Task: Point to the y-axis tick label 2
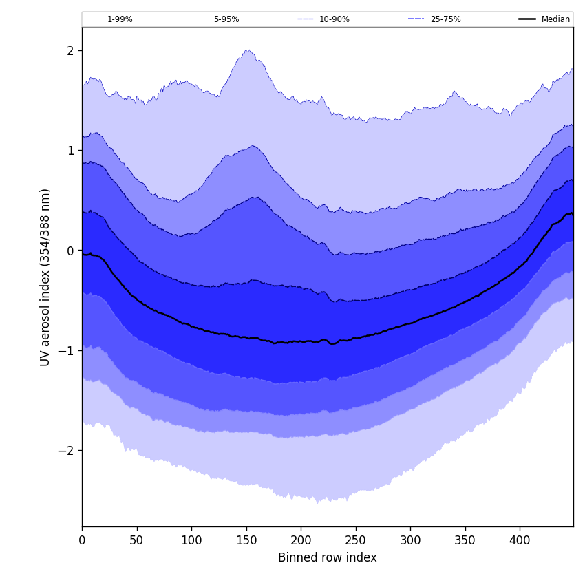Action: click(x=70, y=50)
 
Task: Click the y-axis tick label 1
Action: click(x=70, y=150)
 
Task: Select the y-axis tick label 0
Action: click(x=70, y=251)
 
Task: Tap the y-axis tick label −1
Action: click(x=67, y=350)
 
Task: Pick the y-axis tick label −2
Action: click(x=67, y=450)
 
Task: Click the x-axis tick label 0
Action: click(x=82, y=541)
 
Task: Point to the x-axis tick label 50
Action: click(x=136, y=541)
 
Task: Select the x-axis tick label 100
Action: click(x=191, y=541)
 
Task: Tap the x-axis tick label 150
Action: click(x=246, y=541)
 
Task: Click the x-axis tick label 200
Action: click(x=301, y=541)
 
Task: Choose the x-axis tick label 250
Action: click(x=355, y=541)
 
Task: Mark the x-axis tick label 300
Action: click(x=410, y=541)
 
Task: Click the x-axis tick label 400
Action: click(x=520, y=541)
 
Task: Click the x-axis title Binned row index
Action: click(x=328, y=557)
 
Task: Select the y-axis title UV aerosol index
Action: click(x=45, y=277)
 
